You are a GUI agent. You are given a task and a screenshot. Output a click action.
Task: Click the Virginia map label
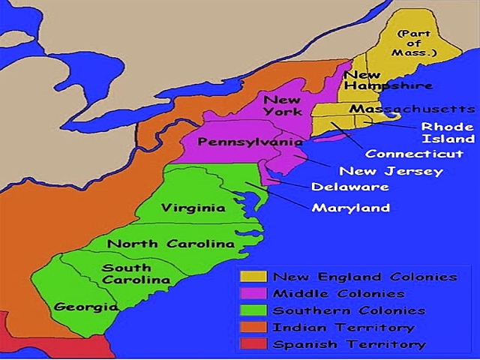point(193,208)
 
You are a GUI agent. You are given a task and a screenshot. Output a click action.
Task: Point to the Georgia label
point(85,307)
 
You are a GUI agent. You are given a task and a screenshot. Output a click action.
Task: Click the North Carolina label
point(170,244)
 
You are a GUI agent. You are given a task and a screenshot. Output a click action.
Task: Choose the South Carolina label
point(136,274)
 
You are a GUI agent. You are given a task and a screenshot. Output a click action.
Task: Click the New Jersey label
point(369,171)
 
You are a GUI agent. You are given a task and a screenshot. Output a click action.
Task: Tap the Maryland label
point(350,208)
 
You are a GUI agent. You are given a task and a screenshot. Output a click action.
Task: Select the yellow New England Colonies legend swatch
point(253,277)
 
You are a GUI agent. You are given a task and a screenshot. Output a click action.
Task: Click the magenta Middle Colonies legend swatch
point(253,294)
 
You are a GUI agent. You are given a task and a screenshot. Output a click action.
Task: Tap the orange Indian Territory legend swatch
point(253,328)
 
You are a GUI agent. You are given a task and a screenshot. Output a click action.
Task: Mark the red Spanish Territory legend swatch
point(253,345)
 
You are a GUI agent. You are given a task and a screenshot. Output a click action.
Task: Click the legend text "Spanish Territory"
point(349,345)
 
